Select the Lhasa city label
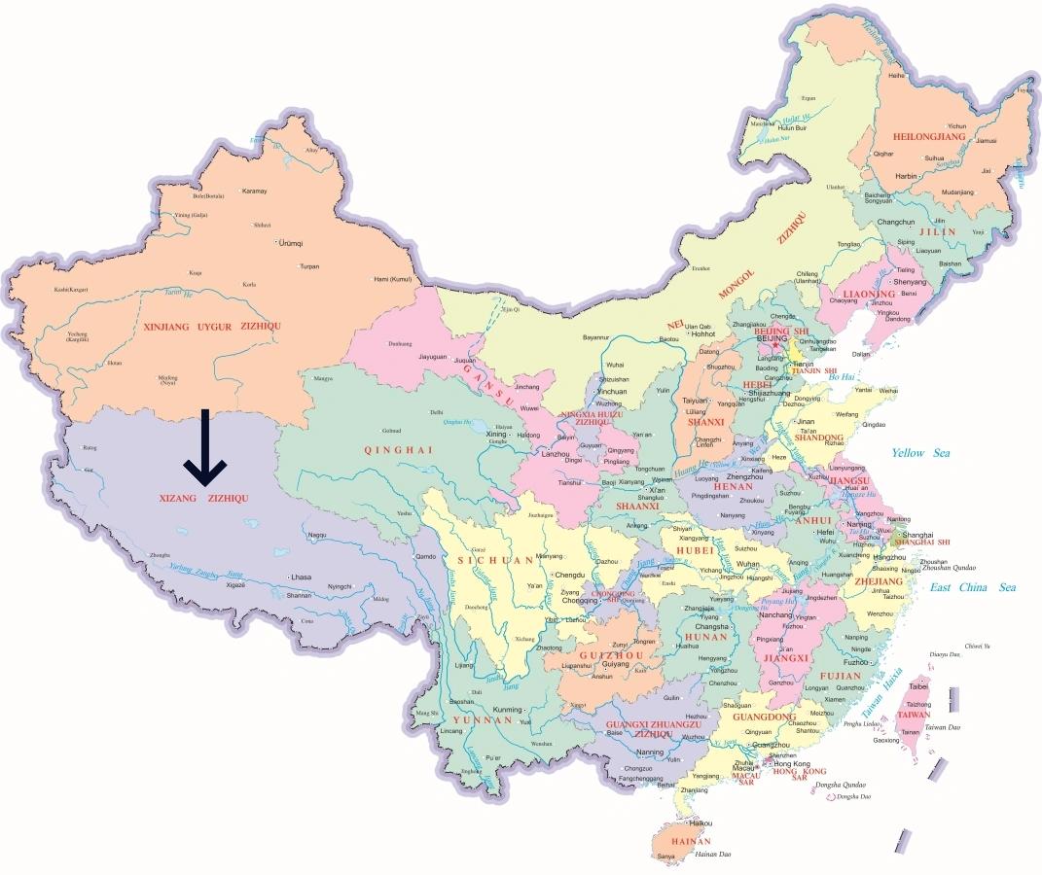pos(301,577)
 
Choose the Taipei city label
pos(918,686)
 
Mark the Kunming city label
pos(508,710)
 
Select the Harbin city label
pos(906,176)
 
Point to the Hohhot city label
pos(703,334)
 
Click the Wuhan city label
pos(748,564)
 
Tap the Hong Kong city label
pos(791,764)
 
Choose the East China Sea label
pos(972,587)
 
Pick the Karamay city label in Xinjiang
pos(254,191)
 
